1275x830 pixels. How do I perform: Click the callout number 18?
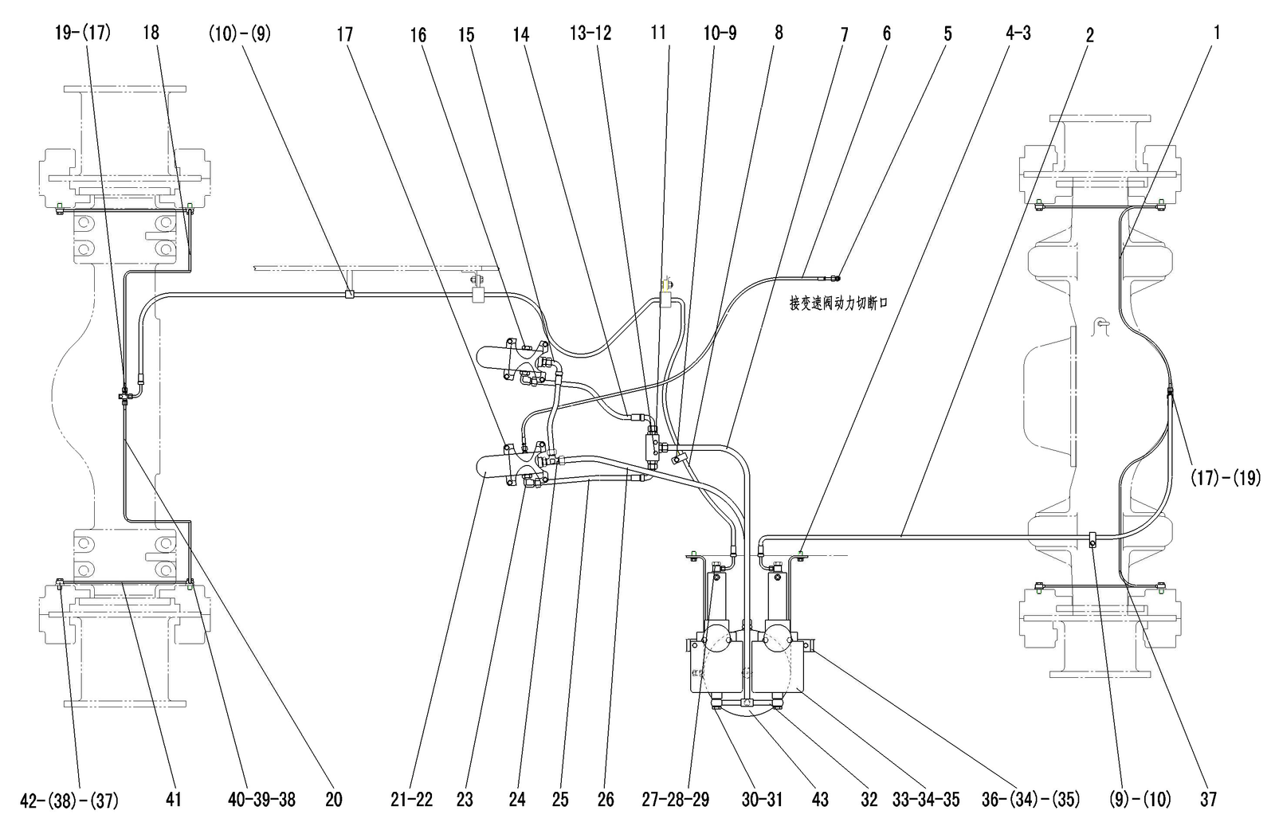tap(151, 33)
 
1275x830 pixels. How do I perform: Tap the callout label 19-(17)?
tap(83, 33)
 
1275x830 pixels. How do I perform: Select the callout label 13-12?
tap(590, 33)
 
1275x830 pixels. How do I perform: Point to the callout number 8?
tap(779, 33)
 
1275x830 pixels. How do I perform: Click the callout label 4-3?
tap(1018, 33)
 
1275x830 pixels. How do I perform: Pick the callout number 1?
tap(1217, 33)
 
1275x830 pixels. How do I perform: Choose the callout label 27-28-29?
tap(676, 799)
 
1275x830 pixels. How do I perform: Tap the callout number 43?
tap(820, 799)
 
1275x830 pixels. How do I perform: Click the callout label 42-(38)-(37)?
tap(69, 801)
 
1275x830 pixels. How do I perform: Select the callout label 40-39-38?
tap(262, 799)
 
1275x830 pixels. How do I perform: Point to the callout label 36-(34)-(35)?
tap(1031, 800)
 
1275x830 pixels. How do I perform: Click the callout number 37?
tap(1208, 799)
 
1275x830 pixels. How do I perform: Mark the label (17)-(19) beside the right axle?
tap(1226, 477)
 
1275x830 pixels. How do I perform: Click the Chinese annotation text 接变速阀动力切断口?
tap(838, 303)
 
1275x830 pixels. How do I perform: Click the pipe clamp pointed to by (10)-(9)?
tap(350, 294)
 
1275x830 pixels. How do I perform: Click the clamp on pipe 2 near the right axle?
tap(1093, 539)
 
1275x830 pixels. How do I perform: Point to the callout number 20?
tap(334, 799)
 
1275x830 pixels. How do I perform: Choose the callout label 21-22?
tap(411, 799)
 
